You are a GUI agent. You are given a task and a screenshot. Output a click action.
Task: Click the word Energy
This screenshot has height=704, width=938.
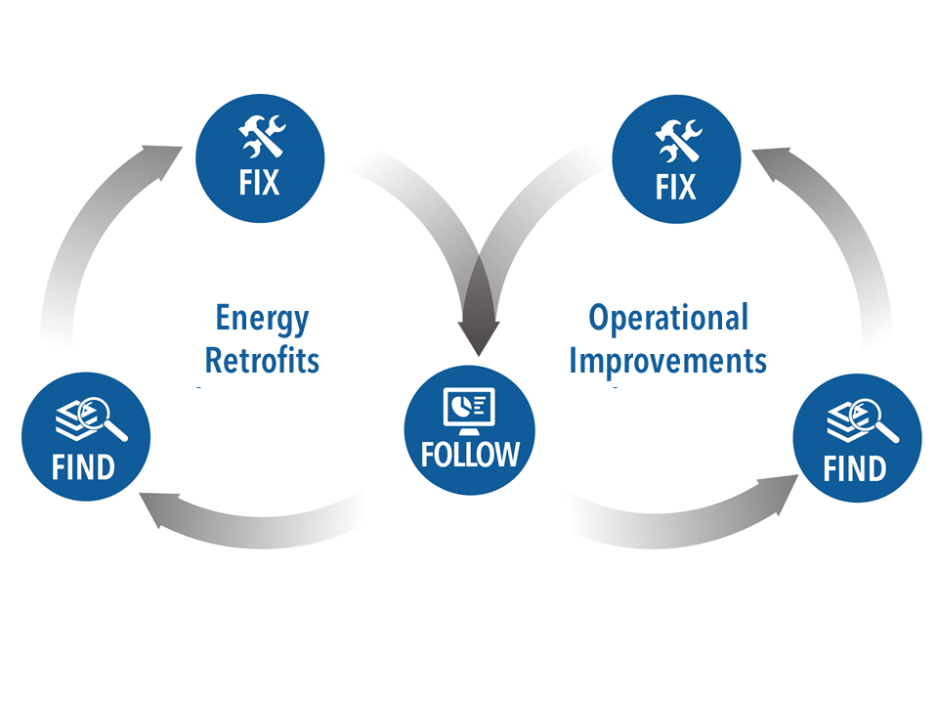click(x=262, y=320)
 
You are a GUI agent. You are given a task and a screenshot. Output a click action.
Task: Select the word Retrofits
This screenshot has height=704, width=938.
click(x=262, y=360)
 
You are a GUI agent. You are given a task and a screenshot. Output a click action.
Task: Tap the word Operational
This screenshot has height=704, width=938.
click(x=668, y=318)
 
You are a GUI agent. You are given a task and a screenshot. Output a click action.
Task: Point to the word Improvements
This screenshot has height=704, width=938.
click(x=668, y=360)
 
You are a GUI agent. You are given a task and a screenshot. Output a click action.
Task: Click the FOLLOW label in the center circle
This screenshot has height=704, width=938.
click(x=470, y=455)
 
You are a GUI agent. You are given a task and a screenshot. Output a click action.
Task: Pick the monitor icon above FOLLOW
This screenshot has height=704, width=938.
click(x=470, y=408)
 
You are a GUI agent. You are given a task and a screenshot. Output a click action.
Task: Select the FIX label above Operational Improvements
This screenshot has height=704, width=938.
click(x=675, y=185)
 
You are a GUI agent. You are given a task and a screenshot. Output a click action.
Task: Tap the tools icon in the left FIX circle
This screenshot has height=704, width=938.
click(x=261, y=137)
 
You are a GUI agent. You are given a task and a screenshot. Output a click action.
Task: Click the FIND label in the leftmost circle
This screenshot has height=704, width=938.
click(x=84, y=466)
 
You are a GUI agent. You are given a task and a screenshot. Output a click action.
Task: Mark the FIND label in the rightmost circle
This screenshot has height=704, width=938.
click(x=855, y=468)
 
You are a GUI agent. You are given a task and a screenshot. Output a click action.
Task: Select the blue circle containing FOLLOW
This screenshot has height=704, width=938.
click(x=470, y=431)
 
